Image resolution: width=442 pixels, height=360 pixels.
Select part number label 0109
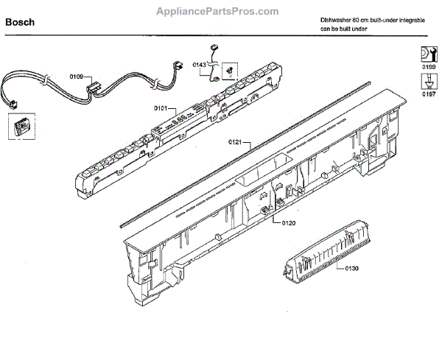point(76,76)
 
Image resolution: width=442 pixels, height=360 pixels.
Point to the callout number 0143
point(199,65)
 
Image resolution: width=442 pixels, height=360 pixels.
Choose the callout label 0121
point(235,141)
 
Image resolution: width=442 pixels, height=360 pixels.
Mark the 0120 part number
point(288,222)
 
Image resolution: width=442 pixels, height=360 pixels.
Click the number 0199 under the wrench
point(428,67)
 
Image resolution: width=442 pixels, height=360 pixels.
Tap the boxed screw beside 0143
point(230,69)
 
